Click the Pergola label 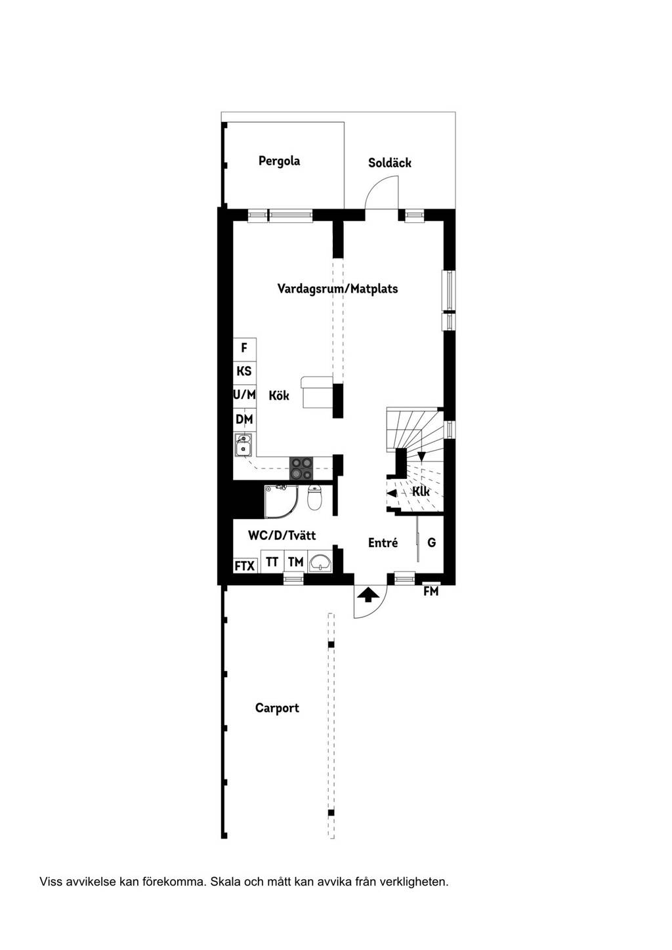click(279, 161)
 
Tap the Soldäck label click(389, 163)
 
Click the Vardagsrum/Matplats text click(337, 289)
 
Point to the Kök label click(279, 395)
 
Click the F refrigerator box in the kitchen click(244, 349)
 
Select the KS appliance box click(244, 372)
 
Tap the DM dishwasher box click(244, 420)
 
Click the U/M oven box click(244, 396)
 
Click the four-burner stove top click(301, 468)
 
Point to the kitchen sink click(243, 445)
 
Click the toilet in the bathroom click(314, 498)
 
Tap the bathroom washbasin click(320, 562)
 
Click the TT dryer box click(272, 562)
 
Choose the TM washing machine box click(295, 562)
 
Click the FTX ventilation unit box click(245, 566)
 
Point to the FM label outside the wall click(430, 590)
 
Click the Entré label click(383, 543)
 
